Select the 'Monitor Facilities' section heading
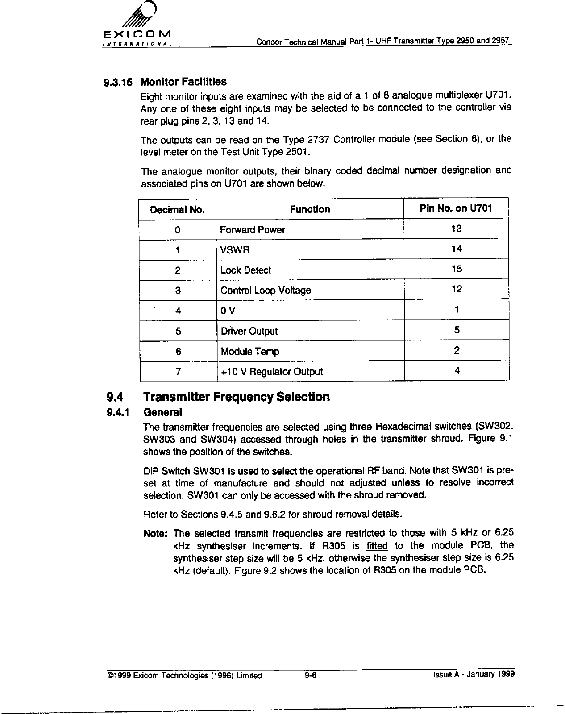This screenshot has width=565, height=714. click(x=183, y=82)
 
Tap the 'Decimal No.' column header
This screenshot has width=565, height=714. click(x=177, y=209)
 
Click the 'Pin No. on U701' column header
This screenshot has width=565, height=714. click(x=456, y=208)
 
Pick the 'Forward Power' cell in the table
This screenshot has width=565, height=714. click(x=253, y=230)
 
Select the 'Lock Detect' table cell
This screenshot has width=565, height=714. click(x=245, y=270)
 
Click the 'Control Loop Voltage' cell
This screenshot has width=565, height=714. click(x=266, y=291)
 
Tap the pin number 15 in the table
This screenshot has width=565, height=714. click(x=456, y=269)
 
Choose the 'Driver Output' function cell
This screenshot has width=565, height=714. click(x=249, y=331)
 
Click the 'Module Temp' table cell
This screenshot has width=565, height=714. click(x=250, y=352)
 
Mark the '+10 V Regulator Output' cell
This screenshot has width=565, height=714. click(x=271, y=372)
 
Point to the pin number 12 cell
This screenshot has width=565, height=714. click(x=456, y=289)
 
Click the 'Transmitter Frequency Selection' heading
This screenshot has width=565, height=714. click(x=237, y=397)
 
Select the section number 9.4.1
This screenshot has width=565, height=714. click(x=118, y=412)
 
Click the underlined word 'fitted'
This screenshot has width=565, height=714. click(x=377, y=546)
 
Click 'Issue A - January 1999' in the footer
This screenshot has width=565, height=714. click(x=471, y=674)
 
